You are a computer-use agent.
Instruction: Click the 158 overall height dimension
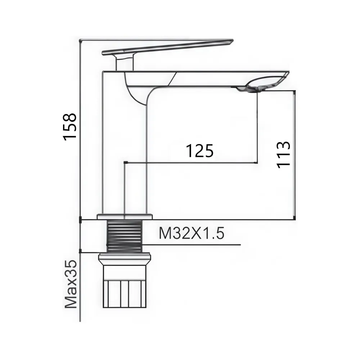[x=70, y=126]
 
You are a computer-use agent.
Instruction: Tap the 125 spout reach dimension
[x=199, y=151]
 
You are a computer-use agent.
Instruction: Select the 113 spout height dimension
[x=284, y=154]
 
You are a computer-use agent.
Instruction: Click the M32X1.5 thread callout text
[x=192, y=234]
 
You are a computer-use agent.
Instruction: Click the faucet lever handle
[x=169, y=47]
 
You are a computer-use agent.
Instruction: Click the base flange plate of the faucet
[x=125, y=217]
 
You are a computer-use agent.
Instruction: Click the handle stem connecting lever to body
[x=125, y=63]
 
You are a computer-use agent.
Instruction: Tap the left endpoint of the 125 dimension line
[x=124, y=162]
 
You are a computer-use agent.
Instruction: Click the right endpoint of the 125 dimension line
[x=256, y=162]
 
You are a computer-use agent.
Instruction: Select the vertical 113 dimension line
[x=295, y=155]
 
